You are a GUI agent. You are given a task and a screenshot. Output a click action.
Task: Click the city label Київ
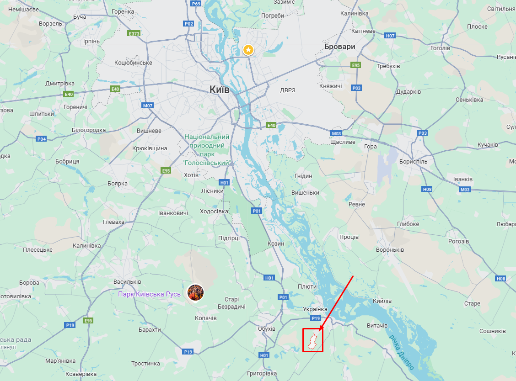pyautogui.click(x=219, y=90)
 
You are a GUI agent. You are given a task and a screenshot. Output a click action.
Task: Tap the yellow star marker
pyautogui.click(x=248, y=50)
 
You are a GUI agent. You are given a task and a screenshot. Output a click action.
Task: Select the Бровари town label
pyautogui.click(x=339, y=47)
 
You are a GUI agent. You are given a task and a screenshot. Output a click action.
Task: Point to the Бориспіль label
pyautogui.click(x=413, y=161)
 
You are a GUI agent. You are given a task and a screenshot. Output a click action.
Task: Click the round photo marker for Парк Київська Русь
pyautogui.click(x=195, y=292)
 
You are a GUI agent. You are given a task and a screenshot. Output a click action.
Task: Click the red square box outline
pyautogui.click(x=313, y=340)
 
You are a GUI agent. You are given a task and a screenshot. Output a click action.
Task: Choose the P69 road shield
pyautogui.click(x=196, y=4)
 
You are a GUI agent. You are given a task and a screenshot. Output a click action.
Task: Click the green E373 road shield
pyautogui.click(x=134, y=34)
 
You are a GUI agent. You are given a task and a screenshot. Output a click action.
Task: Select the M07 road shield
pyautogui.click(x=147, y=106)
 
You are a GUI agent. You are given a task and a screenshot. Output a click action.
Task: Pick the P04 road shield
pyautogui.click(x=42, y=139)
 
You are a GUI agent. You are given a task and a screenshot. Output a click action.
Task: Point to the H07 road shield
pyautogui.click(x=390, y=35)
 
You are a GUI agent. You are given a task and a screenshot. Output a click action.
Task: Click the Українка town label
pyautogui.click(x=315, y=309)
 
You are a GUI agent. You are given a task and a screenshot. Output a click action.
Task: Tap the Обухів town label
pyautogui.click(x=266, y=329)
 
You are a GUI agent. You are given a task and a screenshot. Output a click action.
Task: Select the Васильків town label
pyautogui.click(x=127, y=282)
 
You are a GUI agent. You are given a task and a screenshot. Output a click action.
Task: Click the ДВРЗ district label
pyautogui.click(x=287, y=90)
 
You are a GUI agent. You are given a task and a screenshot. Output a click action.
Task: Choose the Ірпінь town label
pyautogui.click(x=91, y=41)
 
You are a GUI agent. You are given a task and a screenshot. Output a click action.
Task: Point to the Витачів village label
pyautogui.click(x=377, y=326)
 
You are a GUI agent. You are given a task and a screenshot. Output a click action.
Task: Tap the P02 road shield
pyautogui.click(x=188, y=24)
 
